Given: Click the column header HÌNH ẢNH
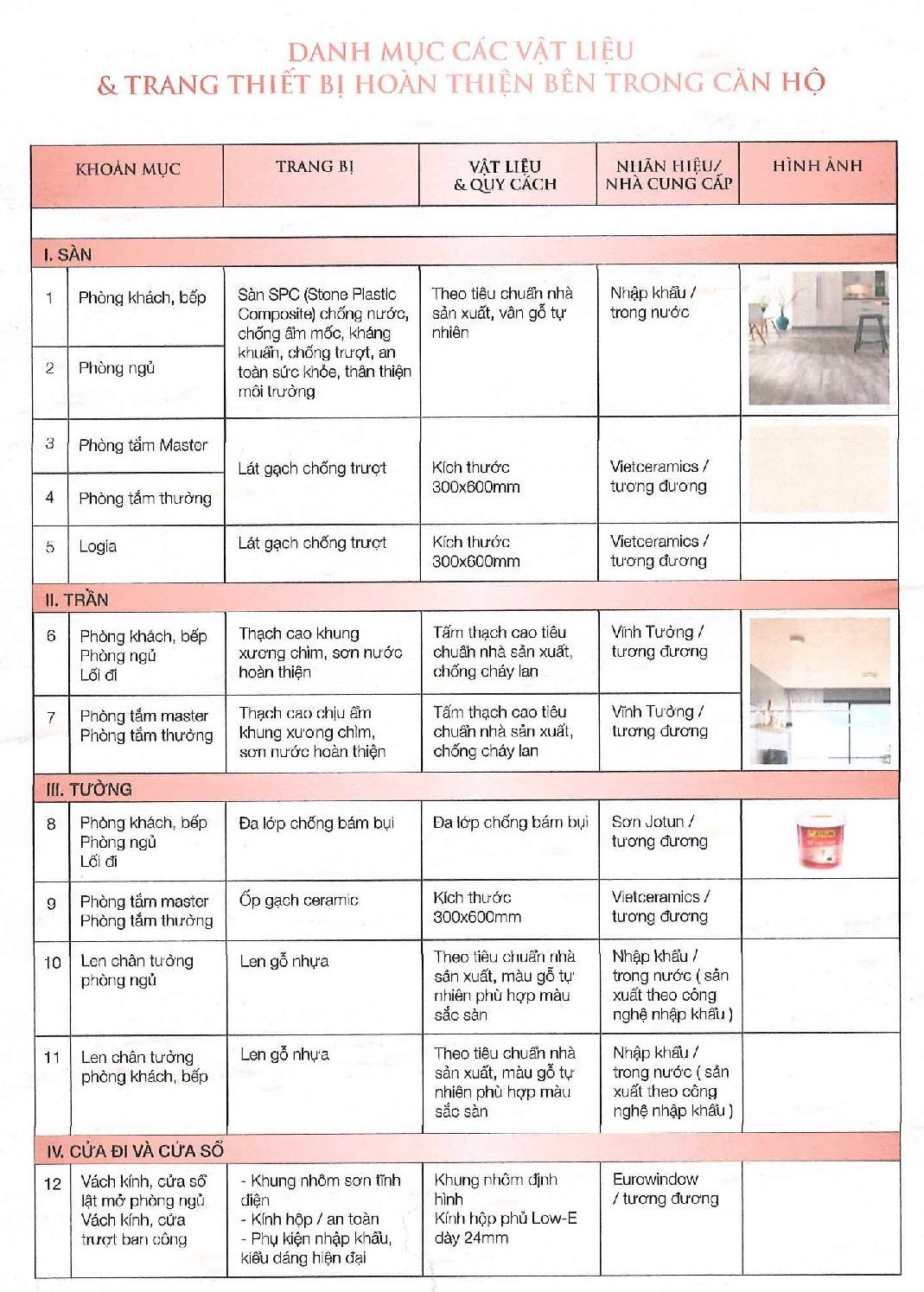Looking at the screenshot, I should click(x=817, y=166).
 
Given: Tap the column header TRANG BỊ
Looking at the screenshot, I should click(x=315, y=167).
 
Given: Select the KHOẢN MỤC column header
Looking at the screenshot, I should click(x=127, y=169).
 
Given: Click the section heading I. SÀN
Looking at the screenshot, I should click(x=67, y=255).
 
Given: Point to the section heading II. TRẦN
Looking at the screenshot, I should click(x=76, y=600).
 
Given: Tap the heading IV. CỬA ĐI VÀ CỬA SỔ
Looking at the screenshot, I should click(x=135, y=1150).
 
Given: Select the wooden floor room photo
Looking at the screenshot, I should click(x=818, y=338).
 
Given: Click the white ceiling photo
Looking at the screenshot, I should click(x=819, y=692).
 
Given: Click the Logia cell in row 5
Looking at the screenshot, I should click(x=98, y=546).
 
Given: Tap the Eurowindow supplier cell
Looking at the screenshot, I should click(x=665, y=1188).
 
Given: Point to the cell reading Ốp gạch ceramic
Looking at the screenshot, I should click(x=298, y=900).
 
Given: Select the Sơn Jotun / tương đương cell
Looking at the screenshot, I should click(x=659, y=831).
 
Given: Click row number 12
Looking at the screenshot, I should click(x=53, y=1183).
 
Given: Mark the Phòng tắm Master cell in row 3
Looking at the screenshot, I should click(x=143, y=445).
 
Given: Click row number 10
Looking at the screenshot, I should click(x=53, y=962).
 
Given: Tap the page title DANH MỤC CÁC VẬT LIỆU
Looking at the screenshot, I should click(x=461, y=52).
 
